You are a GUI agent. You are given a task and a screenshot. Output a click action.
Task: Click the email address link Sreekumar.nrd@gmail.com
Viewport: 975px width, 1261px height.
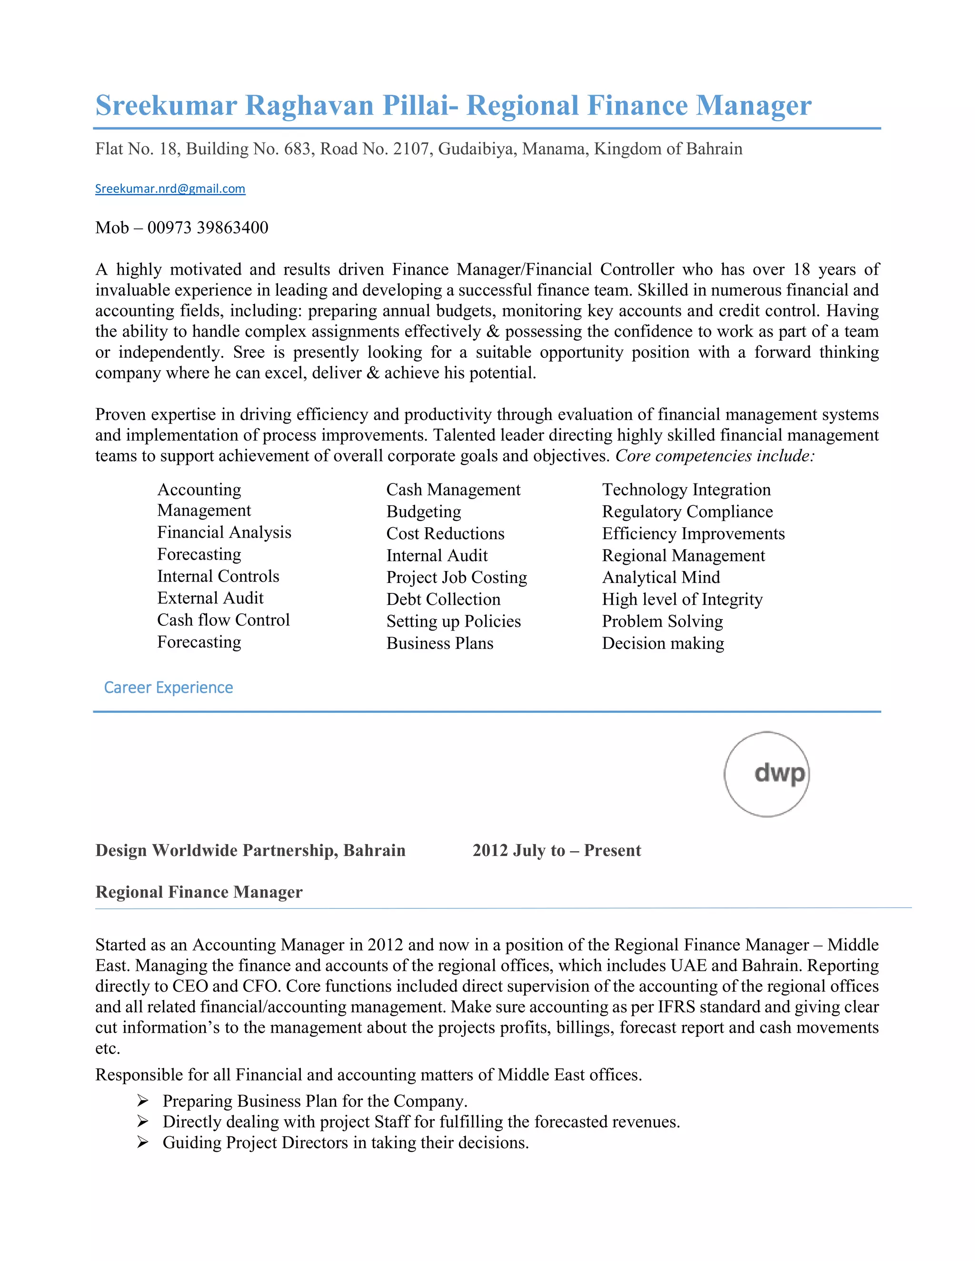tap(170, 189)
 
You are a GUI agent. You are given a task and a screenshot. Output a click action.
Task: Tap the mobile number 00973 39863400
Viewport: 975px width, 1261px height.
tap(208, 227)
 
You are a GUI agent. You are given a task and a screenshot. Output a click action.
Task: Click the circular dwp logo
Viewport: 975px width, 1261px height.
tap(766, 774)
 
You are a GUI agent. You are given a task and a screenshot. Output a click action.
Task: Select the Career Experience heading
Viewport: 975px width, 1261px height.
tap(168, 688)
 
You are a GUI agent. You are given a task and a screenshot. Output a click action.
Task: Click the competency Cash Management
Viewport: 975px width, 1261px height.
tap(453, 490)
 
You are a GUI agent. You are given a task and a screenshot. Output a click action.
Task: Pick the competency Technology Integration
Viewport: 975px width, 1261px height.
tap(686, 490)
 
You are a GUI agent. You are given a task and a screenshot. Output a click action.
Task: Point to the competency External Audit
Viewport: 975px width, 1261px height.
tap(210, 598)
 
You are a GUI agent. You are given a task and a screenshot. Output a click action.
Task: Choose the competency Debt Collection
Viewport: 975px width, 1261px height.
tap(443, 599)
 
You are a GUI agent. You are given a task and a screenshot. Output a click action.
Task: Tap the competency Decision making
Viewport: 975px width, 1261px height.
tap(663, 643)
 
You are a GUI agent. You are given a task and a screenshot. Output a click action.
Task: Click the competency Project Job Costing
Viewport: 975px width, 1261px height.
tap(456, 577)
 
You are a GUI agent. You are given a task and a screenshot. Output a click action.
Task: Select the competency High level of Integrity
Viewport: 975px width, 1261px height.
tap(682, 599)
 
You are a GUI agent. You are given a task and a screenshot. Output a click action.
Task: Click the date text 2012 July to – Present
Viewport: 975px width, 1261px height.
tap(556, 850)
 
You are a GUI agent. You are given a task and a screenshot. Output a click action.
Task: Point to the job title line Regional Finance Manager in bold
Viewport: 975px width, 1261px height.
tap(199, 892)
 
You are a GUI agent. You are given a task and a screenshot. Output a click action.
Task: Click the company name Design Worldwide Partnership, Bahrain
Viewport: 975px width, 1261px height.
tap(250, 850)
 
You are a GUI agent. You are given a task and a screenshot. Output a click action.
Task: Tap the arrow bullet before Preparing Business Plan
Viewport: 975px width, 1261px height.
tap(143, 1101)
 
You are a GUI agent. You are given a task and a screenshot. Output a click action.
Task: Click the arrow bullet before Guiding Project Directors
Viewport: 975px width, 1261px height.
tap(143, 1143)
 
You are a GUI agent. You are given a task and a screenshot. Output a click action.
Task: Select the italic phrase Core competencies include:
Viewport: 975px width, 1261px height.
tap(715, 456)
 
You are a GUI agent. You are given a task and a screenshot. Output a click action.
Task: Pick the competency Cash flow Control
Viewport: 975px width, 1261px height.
tap(223, 620)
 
